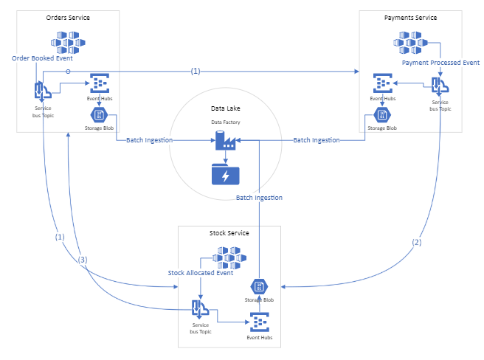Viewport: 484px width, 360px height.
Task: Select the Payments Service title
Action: (x=411, y=17)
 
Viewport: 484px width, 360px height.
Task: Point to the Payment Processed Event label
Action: (x=440, y=63)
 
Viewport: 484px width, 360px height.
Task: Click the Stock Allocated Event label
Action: (x=201, y=272)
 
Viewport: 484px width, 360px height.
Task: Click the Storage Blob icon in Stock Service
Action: (x=259, y=287)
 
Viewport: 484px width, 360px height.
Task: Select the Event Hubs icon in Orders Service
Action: (x=100, y=83)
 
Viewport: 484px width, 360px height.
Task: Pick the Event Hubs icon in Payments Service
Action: (x=382, y=83)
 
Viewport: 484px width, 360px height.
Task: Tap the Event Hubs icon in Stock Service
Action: (x=259, y=322)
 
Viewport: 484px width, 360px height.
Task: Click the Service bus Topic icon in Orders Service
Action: (x=42, y=91)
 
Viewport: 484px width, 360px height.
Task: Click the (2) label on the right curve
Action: (x=418, y=242)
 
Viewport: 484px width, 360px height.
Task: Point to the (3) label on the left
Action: (x=83, y=259)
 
